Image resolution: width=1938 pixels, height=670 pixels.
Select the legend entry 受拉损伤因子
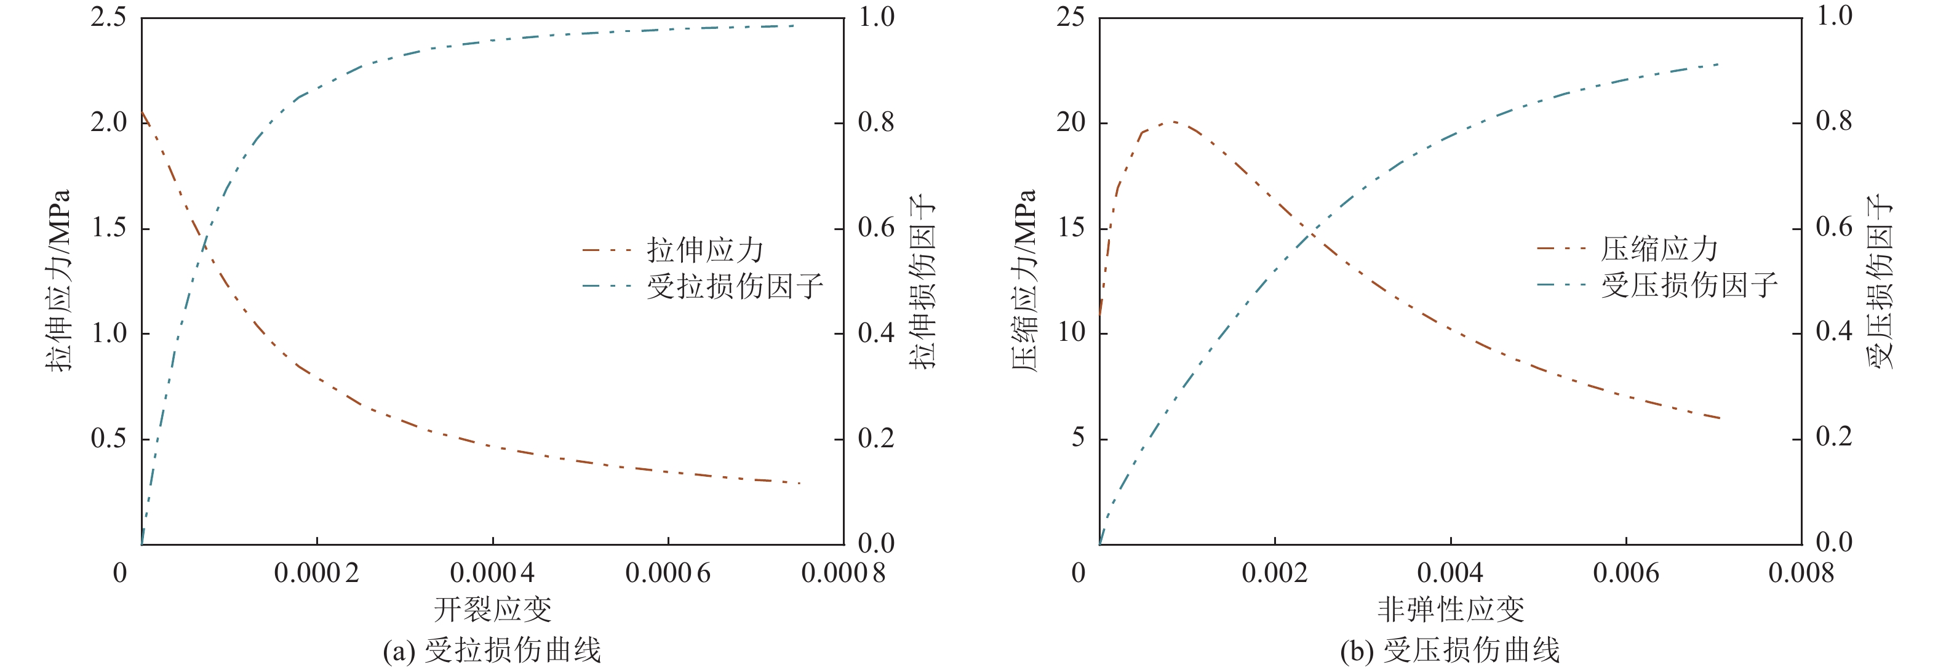pyautogui.click(x=734, y=285)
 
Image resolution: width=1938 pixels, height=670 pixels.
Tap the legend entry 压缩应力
pyautogui.click(x=1659, y=248)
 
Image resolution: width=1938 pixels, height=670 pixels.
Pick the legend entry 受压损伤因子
pyautogui.click(x=1688, y=284)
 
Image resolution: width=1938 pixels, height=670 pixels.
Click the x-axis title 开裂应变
pyautogui.click(x=493, y=609)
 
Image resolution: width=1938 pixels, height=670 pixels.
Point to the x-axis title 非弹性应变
pyautogui.click(x=1451, y=609)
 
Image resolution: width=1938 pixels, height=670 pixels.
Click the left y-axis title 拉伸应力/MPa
pyautogui.click(x=58, y=280)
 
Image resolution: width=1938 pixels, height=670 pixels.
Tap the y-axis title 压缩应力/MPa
pyautogui.click(x=1024, y=280)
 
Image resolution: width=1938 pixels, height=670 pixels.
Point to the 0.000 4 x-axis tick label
pyautogui.click(x=492, y=573)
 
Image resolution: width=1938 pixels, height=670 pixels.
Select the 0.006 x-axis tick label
pyautogui.click(x=1626, y=573)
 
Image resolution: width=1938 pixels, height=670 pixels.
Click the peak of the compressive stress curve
pyautogui.click(x=1171, y=121)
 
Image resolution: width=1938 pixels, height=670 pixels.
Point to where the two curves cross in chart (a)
pyautogui.click(x=204, y=244)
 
